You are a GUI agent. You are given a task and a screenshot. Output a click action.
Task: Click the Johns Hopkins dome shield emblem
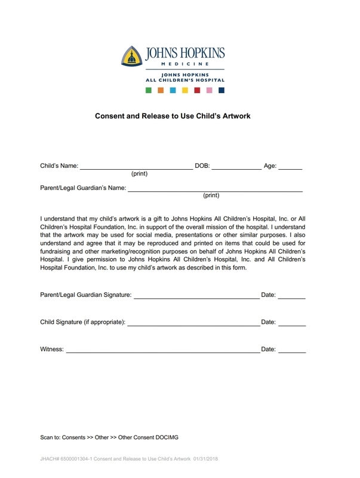coord(133,57)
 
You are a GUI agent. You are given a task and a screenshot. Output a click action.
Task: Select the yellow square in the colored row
coord(185,91)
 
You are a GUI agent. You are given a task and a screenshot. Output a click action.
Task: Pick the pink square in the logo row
coord(209,91)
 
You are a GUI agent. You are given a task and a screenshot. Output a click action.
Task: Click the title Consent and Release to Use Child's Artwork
coord(173,116)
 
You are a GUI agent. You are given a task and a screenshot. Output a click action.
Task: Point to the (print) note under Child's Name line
coord(139,174)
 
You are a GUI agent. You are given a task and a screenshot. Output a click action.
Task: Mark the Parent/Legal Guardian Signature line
coord(196,296)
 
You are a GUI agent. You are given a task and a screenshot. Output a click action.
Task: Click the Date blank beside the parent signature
coord(292,296)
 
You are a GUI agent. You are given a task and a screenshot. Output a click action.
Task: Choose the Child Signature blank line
coord(193,324)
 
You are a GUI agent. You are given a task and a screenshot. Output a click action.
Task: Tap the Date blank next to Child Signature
coord(292,324)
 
